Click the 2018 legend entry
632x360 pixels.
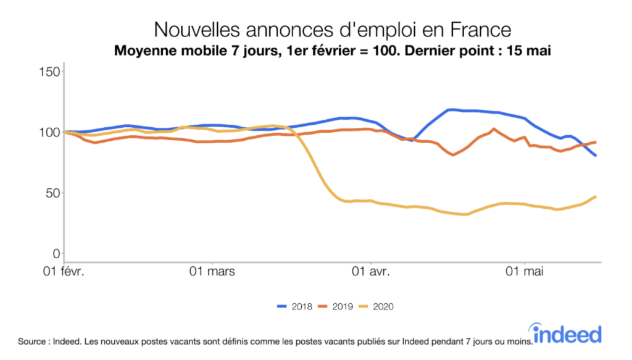point(295,306)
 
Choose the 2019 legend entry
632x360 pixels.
point(336,306)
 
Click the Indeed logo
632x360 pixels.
point(567,333)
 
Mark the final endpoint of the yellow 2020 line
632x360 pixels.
point(596,196)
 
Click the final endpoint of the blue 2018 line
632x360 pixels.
point(596,156)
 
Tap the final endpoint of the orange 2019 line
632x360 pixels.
point(596,142)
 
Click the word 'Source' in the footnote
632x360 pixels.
point(32,341)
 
